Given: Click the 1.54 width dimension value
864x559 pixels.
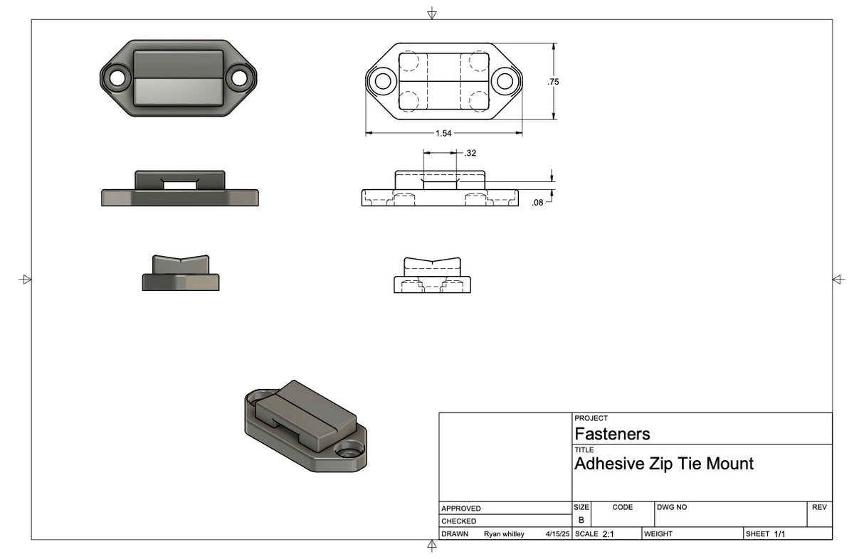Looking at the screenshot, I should point(444,133).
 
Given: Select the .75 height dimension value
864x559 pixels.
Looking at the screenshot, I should point(553,82).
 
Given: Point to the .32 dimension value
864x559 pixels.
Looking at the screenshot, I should point(470,153).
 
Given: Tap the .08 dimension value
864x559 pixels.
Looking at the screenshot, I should point(537,203).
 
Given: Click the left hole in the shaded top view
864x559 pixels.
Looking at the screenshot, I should point(116,76).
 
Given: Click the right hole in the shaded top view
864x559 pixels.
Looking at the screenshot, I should point(239,76).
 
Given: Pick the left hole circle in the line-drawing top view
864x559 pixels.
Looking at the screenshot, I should point(383,80).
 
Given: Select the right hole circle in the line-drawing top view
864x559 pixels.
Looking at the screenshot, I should point(505,80).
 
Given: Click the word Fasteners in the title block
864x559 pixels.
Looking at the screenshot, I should point(612,434).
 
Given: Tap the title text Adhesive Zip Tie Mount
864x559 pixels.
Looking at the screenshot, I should point(663,464).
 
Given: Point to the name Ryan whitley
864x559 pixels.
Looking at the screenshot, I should point(504,534).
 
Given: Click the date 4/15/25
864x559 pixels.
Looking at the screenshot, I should point(557,534).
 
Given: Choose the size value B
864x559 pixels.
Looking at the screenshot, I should point(581,520).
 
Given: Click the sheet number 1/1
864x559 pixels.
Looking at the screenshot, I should point(779,534).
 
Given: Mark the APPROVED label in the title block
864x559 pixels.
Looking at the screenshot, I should point(461,509).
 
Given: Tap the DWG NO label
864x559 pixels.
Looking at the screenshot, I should point(672,507).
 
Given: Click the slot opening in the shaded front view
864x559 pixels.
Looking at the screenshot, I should point(180,185).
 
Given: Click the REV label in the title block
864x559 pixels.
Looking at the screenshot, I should point(818,507).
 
